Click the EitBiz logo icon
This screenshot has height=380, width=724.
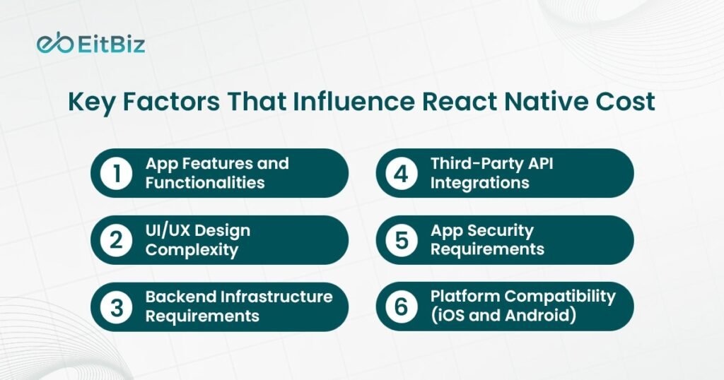tap(55, 43)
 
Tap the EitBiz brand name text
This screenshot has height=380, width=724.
tap(111, 44)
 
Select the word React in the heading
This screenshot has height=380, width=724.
tap(459, 102)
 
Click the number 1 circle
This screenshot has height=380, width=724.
tap(117, 173)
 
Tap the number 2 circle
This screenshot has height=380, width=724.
tap(117, 240)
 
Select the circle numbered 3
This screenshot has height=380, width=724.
tap(117, 307)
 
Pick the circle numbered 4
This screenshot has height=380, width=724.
tap(402, 173)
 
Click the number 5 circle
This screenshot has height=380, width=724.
tap(402, 240)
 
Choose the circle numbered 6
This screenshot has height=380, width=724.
tap(402, 307)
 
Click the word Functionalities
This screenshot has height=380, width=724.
tap(205, 183)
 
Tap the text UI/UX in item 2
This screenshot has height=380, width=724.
tap(166, 230)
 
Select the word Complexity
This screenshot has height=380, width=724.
tap(192, 250)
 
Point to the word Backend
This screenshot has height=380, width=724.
tap(180, 297)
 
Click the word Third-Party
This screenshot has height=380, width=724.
tap(476, 164)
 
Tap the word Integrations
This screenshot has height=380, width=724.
tap(480, 183)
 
